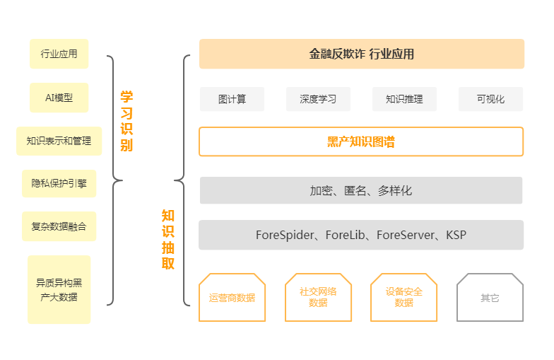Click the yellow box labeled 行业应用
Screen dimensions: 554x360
[59, 54]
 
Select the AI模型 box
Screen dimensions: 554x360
[59, 98]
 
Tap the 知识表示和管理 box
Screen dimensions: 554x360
[59, 141]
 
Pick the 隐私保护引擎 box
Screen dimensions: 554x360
[59, 184]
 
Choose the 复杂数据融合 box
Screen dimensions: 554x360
[59, 226]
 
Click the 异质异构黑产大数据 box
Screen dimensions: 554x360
[59, 290]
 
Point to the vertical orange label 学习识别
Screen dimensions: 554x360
[126, 121]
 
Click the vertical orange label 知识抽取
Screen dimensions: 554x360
[168, 239]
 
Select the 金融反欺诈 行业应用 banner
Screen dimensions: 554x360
[362, 54]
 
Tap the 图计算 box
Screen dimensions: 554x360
[232, 99]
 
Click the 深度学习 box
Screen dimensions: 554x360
[318, 99]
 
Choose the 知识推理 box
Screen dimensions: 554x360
[404, 99]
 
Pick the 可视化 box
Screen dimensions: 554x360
[490, 99]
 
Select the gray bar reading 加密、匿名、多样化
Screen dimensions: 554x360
[361, 190]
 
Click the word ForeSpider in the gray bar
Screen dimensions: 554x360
[285, 235]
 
